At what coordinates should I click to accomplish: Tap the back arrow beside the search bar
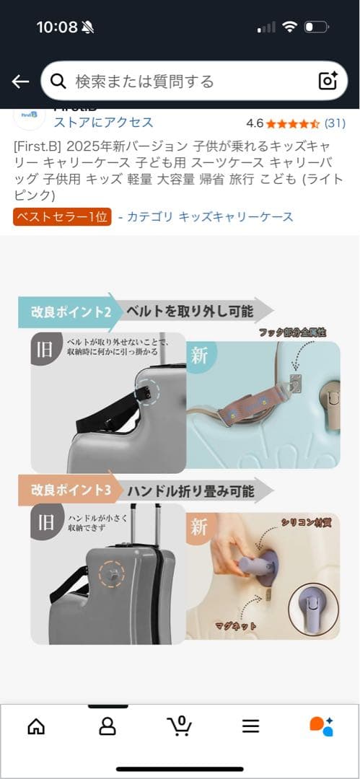tap(20, 81)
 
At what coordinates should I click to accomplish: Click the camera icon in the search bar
tap(328, 81)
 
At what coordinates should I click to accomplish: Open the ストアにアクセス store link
tap(103, 122)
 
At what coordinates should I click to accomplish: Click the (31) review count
tap(335, 123)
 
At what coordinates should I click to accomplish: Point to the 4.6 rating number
tap(255, 123)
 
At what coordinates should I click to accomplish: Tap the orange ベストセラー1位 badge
tap(62, 216)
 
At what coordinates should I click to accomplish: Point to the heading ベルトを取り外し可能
tap(190, 312)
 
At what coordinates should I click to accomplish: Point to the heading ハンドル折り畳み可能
tap(190, 491)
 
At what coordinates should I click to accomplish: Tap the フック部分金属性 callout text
tap(292, 333)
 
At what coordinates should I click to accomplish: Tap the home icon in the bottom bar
tap(35, 726)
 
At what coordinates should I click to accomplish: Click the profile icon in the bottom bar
tap(107, 726)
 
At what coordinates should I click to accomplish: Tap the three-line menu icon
tap(250, 726)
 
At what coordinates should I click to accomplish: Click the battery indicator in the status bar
tap(316, 27)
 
